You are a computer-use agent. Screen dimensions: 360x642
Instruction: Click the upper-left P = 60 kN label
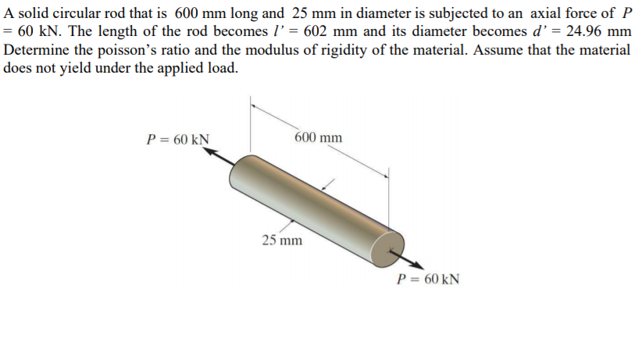click(177, 140)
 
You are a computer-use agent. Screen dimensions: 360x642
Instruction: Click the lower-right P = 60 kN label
click(428, 279)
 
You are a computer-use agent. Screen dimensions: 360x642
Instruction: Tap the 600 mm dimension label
click(319, 137)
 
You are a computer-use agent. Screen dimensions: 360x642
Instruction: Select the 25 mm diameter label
click(281, 240)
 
